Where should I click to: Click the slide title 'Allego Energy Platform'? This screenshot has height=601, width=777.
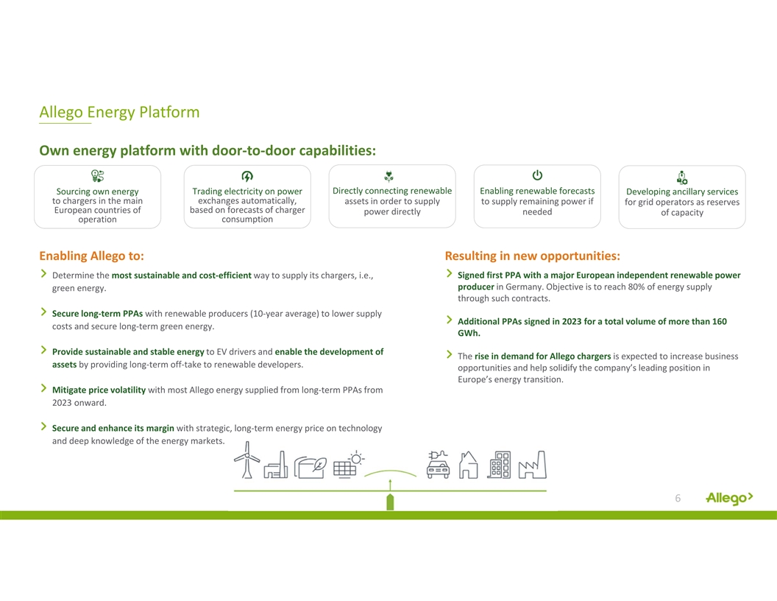[119, 112]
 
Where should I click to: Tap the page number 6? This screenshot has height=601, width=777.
[678, 498]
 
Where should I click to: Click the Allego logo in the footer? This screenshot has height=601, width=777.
[729, 498]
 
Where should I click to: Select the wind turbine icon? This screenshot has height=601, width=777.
[246, 460]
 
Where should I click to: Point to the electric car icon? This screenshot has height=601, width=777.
[438, 465]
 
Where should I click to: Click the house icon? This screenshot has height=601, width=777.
[468, 465]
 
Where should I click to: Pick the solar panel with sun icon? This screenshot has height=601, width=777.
[349, 465]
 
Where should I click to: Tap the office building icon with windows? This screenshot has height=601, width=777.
[499, 465]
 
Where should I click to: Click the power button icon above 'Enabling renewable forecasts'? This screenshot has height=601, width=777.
[537, 175]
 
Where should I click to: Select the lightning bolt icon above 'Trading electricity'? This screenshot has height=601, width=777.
[247, 176]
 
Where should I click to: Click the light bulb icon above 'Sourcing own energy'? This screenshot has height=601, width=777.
[98, 175]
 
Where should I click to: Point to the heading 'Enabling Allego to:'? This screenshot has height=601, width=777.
[92, 256]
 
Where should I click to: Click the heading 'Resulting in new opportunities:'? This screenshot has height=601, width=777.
[532, 256]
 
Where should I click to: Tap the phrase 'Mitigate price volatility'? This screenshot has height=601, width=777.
[99, 390]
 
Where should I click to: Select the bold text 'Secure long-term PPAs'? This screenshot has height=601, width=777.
[97, 314]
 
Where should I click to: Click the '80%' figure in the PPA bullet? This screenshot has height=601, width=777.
[636, 287]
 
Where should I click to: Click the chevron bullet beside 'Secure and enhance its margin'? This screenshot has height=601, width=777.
[43, 426]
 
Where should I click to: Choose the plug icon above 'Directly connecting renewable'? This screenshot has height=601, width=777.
[389, 176]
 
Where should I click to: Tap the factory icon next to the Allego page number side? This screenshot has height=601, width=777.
[532, 465]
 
